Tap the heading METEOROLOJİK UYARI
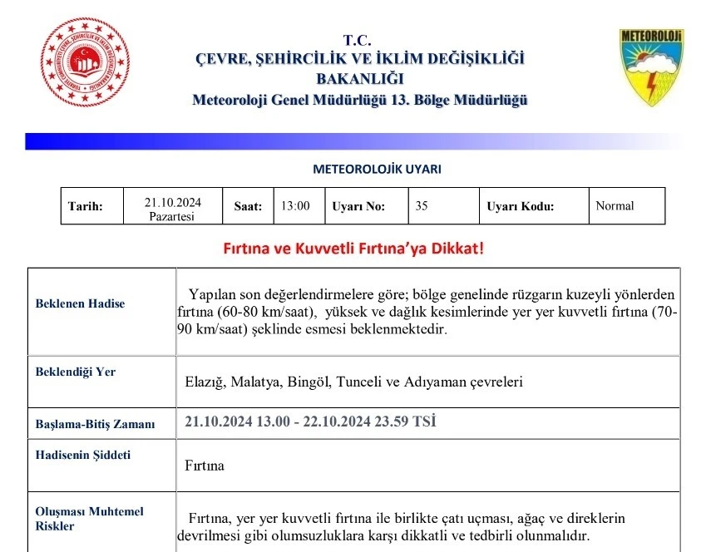tap(377, 169)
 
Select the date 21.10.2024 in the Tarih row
tap(172, 202)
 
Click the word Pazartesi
tap(171, 216)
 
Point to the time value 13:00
tap(295, 206)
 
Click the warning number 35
tap(422, 206)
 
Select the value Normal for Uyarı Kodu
tap(615, 206)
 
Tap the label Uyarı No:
tap(358, 207)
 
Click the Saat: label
tap(248, 207)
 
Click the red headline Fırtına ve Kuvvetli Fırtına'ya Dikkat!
tap(353, 249)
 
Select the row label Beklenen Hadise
tap(80, 303)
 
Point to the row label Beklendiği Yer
tap(76, 372)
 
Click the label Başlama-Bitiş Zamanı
tap(95, 424)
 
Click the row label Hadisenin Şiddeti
tap(82, 455)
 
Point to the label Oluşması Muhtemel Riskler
tap(77, 519)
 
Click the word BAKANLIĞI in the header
tap(359, 79)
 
